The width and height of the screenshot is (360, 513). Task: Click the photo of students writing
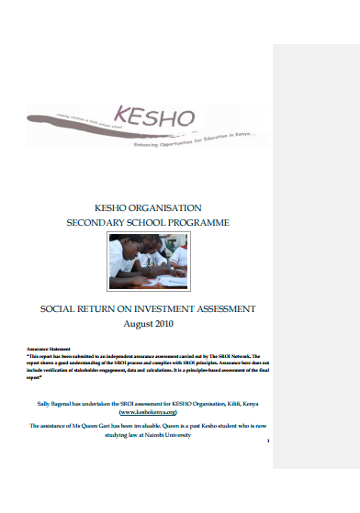[148, 264]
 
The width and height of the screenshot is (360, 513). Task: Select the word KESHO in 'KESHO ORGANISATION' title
[114, 208]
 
